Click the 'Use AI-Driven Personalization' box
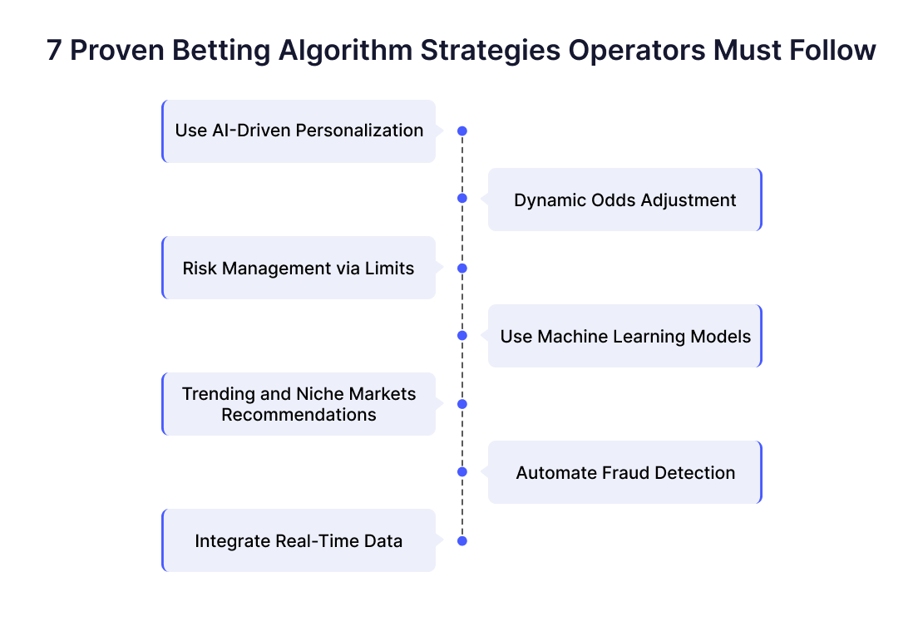coord(299,131)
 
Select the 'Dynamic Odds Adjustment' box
coord(625,200)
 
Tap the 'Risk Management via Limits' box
coord(299,268)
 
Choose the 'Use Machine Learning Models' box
coord(625,336)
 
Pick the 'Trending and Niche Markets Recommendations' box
coord(299,404)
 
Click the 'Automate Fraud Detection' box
coord(625,472)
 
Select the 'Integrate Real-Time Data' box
coord(299,540)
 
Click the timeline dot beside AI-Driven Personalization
coord(462,131)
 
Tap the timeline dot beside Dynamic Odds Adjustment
coord(462,198)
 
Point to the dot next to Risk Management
coord(462,269)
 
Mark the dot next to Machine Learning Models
coord(462,335)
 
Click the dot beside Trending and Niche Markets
coord(462,404)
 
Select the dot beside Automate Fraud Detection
coord(462,472)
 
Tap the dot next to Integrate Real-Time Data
coord(462,541)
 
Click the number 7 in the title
coord(54,50)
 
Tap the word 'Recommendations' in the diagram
coord(299,415)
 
